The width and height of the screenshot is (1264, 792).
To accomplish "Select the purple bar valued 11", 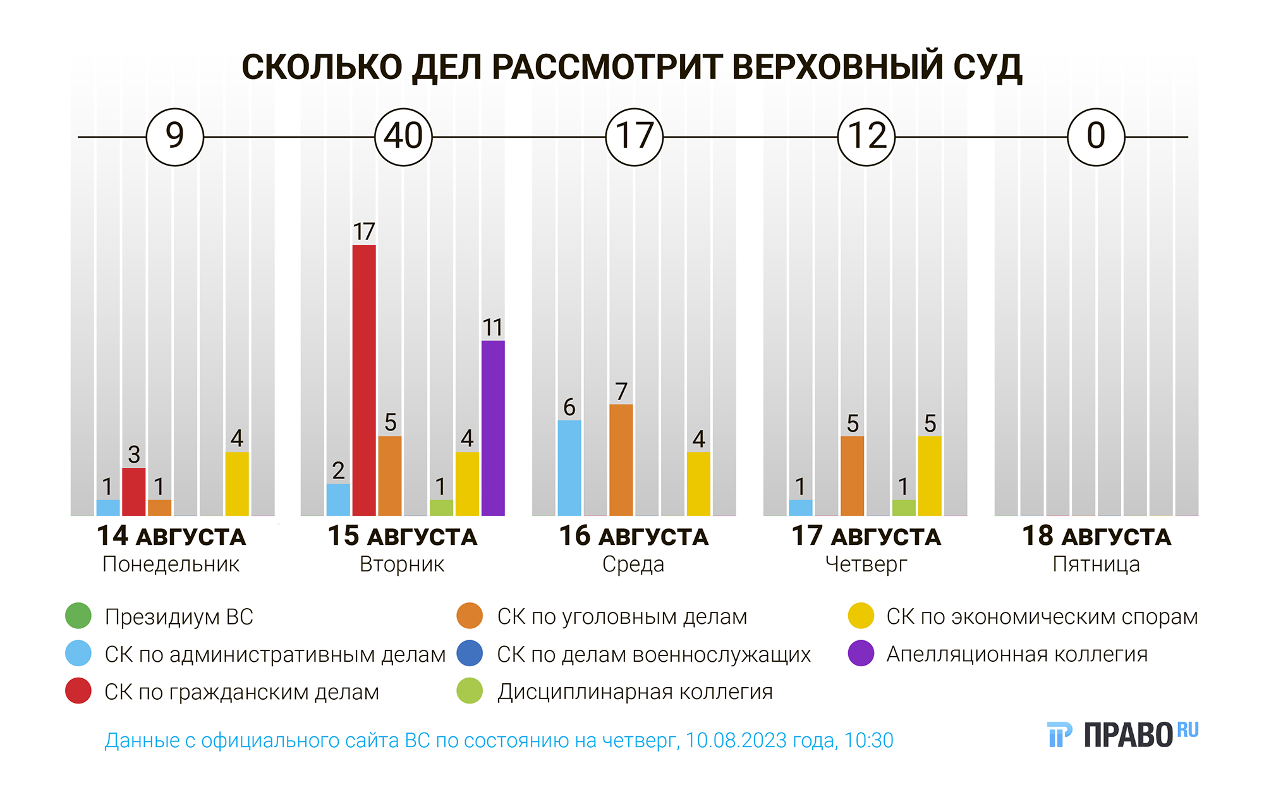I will (493, 428).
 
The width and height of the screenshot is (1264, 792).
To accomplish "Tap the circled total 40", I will (403, 137).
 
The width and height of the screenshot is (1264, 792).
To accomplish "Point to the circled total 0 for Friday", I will (1096, 137).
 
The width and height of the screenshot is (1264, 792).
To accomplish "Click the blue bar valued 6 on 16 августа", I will (569, 468).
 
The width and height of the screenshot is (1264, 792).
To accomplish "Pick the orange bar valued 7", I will (621, 460).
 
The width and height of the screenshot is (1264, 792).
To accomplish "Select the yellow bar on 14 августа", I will (237, 484).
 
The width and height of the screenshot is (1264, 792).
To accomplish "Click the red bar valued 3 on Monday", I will (134, 491).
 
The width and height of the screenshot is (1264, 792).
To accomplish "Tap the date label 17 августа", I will (866, 536).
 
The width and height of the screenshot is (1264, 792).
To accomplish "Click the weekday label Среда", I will (633, 564).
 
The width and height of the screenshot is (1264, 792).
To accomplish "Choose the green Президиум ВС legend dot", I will (78, 616).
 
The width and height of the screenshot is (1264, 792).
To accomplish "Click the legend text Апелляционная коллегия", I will (1016, 654).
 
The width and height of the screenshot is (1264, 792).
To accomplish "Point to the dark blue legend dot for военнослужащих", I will (470, 654).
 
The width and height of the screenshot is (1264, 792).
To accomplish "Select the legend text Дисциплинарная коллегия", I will (635, 692).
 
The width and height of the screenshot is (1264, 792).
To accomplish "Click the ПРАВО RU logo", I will (1122, 734).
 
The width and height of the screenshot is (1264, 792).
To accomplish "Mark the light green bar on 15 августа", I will (441, 508).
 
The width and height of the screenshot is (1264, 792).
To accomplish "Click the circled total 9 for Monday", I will (174, 137).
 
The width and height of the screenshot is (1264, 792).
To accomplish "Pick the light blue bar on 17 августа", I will (801, 508).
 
